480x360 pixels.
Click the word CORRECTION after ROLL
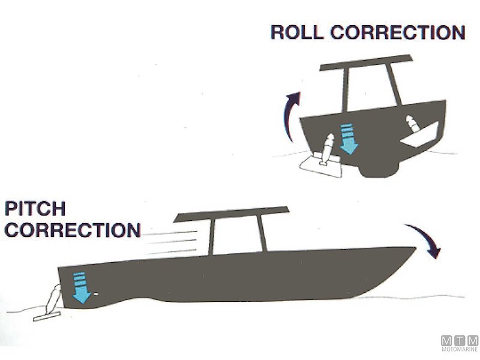[398, 32]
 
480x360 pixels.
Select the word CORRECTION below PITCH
[72, 230]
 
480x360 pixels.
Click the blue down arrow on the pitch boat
[80, 286]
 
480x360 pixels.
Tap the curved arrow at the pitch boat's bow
[427, 240]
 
